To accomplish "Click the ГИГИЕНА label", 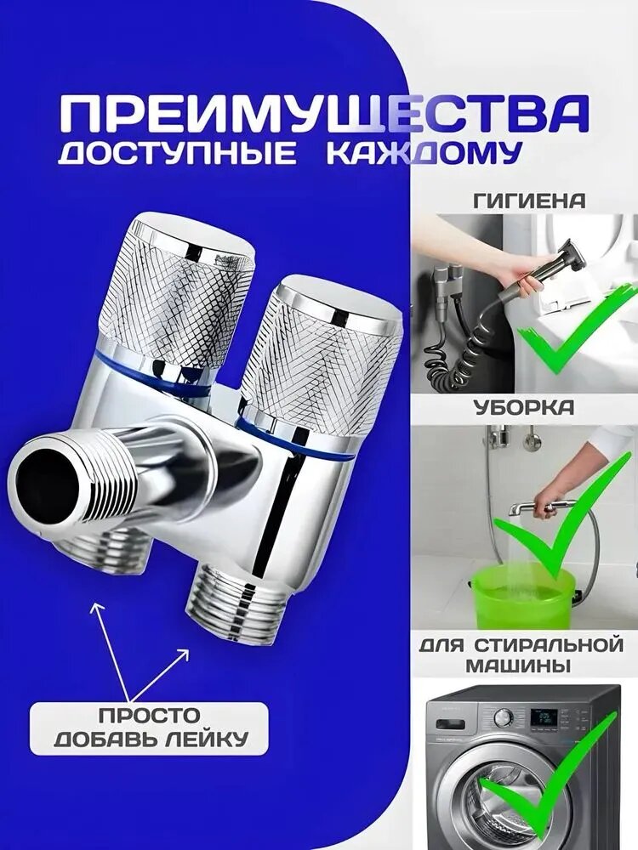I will [528, 201].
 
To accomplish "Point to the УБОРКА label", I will [523, 408].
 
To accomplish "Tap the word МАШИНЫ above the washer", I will [521, 666].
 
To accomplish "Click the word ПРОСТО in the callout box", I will [149, 715].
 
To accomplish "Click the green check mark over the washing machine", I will [553, 782].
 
